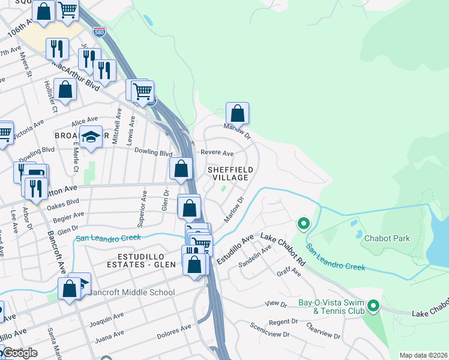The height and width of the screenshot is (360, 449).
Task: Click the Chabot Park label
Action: pyautogui.click(x=387, y=238)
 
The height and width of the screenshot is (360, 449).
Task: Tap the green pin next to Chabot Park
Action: pyautogui.click(x=304, y=224)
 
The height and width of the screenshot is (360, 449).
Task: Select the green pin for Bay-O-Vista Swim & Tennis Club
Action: pyautogui.click(x=373, y=307)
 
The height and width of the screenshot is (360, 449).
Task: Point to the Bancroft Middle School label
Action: pyautogui.click(x=130, y=293)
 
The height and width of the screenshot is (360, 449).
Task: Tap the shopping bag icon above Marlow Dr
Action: pyautogui.click(x=237, y=112)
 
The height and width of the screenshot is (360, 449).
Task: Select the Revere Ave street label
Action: pyautogui.click(x=217, y=154)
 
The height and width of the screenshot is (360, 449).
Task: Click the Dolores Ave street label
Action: pyautogui.click(x=173, y=330)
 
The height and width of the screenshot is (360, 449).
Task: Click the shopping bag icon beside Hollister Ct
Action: pyautogui.click(x=67, y=89)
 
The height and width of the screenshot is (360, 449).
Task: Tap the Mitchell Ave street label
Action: pyautogui.click(x=119, y=119)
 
